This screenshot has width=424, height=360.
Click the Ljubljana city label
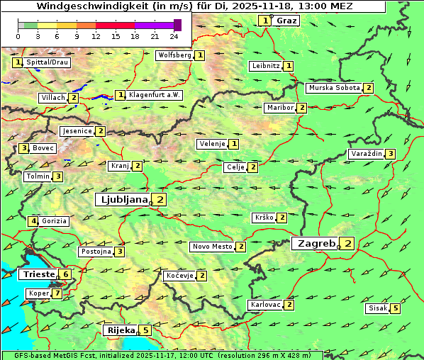pyautogui.click(x=123, y=200)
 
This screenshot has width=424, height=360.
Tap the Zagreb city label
pyautogui.click(x=316, y=244)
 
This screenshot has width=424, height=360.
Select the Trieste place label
pyautogui.click(x=38, y=274)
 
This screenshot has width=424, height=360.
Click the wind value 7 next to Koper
pyautogui.click(x=57, y=293)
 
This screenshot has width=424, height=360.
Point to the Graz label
pyautogui.click(x=286, y=21)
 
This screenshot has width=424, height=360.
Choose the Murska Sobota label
pyautogui.click(x=333, y=88)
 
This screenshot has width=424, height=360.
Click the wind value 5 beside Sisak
pyautogui.click(x=395, y=308)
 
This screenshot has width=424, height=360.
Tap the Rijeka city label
pyautogui.click(x=120, y=330)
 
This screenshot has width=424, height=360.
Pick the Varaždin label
pyautogui.click(x=367, y=154)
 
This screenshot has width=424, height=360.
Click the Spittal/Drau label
pyautogui.click(x=48, y=62)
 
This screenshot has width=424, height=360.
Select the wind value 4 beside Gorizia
pyautogui.click(x=33, y=221)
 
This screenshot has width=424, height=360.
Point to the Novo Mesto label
pyautogui.click(x=212, y=247)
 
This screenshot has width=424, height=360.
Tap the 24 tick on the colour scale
pyautogui.click(x=174, y=36)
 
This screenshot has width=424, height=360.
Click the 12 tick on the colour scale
pyautogui.click(x=96, y=36)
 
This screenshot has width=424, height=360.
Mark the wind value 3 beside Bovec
pyautogui.click(x=23, y=148)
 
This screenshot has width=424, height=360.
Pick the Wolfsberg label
pyautogui.click(x=174, y=55)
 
